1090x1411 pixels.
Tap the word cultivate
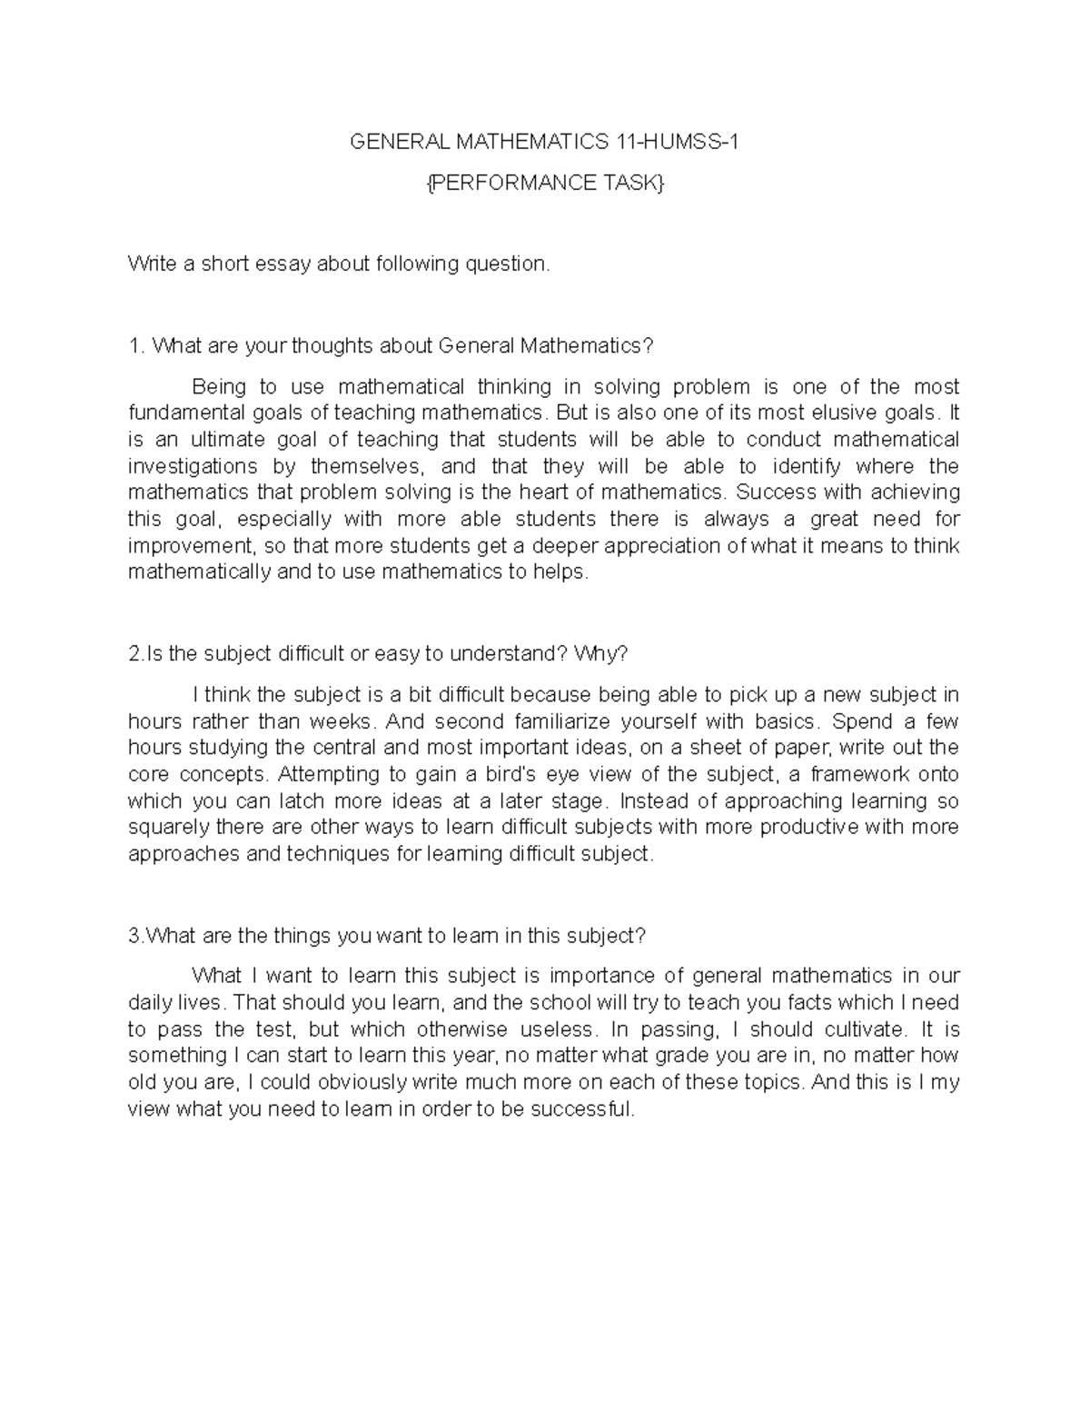click(x=863, y=1030)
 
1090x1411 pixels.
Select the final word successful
click(x=580, y=1110)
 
